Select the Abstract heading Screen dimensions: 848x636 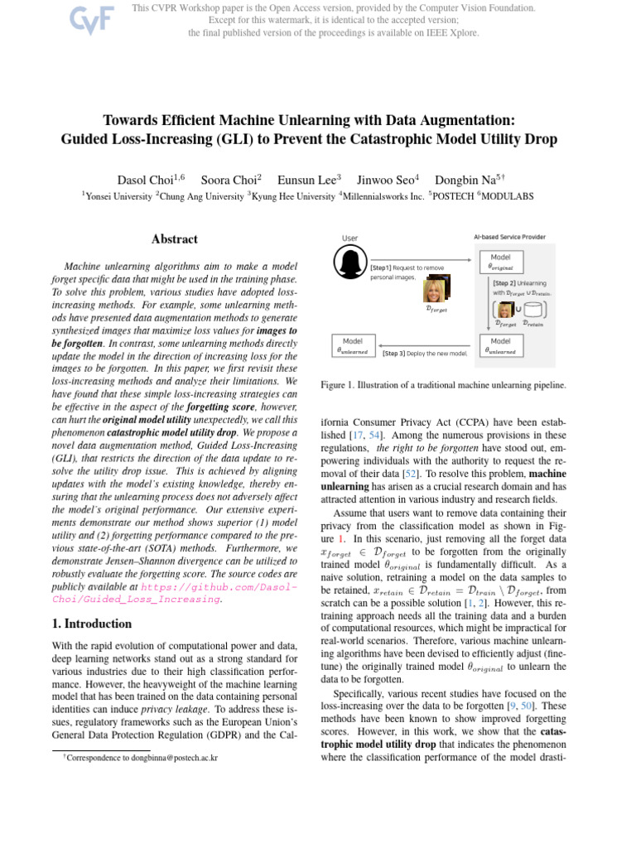coord(174,239)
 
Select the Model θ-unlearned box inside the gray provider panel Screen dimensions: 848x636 coord(500,345)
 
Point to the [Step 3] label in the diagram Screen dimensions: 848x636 coord(394,353)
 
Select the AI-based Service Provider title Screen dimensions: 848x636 coord(509,237)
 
